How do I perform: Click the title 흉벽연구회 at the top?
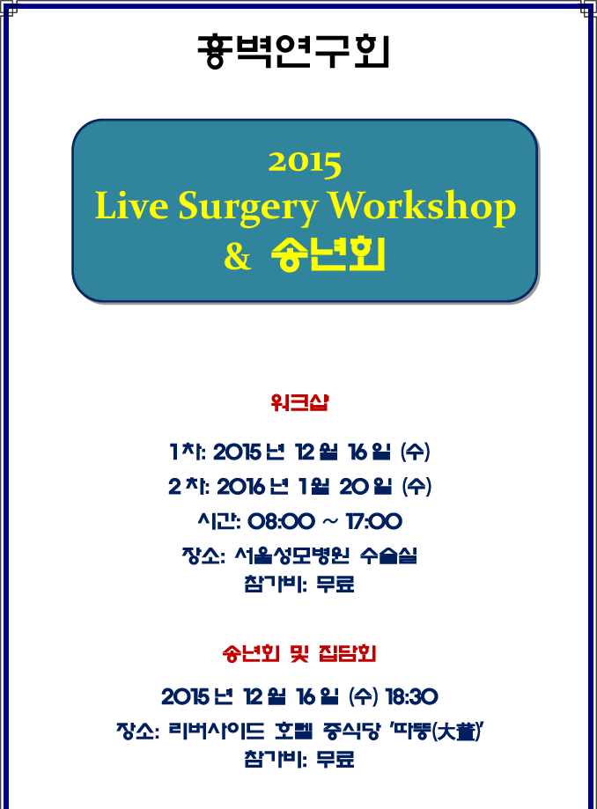click(x=293, y=51)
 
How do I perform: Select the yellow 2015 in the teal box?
click(x=305, y=164)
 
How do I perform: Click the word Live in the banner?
click(x=131, y=205)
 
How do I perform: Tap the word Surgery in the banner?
click(x=247, y=208)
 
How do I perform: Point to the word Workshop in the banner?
click(x=422, y=208)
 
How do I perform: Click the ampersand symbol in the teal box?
click(x=238, y=255)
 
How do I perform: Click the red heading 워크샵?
click(x=299, y=402)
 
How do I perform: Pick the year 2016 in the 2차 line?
click(x=241, y=487)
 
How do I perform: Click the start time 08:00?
click(x=281, y=521)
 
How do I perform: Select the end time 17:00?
click(x=373, y=521)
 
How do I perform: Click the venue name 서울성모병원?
click(x=291, y=555)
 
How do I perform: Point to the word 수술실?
click(x=388, y=555)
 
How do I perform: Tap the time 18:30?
click(x=412, y=697)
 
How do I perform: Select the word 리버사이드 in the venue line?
click(x=217, y=731)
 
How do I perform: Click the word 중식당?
click(x=351, y=731)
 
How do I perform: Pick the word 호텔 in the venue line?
click(x=293, y=731)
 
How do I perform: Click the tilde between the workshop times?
click(x=330, y=522)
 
